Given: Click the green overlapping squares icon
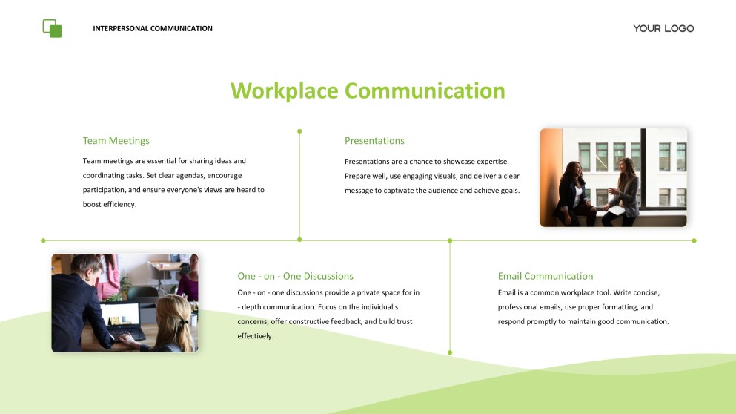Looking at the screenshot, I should click(52, 28).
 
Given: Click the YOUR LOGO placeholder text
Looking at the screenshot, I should click(663, 28).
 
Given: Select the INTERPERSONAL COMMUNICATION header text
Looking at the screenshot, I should click(153, 29).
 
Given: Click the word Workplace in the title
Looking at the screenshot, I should click(285, 91).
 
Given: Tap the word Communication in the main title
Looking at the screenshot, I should click(425, 91).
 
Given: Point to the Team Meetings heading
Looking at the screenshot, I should click(116, 141).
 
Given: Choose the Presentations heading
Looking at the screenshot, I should click(374, 141).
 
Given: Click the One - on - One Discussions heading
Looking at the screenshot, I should click(295, 276).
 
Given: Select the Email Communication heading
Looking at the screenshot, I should click(546, 276).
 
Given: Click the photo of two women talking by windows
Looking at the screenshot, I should click(613, 177).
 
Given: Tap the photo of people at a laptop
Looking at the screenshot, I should click(125, 303).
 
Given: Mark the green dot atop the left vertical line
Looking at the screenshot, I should click(299, 131).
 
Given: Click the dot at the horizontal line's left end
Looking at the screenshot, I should click(43, 240).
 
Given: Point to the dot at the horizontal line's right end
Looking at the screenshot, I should click(694, 240).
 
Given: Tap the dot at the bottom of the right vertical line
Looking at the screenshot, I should click(450, 352).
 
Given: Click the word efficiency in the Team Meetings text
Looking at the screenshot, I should click(119, 204).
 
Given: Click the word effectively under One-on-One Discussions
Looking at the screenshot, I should click(256, 335).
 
